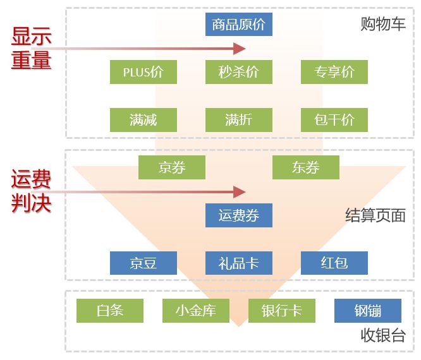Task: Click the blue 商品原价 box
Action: tap(238, 25)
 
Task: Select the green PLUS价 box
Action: tap(143, 72)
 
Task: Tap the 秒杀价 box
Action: tap(238, 72)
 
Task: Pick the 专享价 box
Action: tap(334, 72)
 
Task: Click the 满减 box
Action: tap(143, 119)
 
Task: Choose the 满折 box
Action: tap(238, 119)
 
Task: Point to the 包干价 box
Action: tap(334, 119)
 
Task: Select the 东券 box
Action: tap(305, 167)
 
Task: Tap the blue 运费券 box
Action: tap(238, 215)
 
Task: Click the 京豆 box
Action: tap(143, 263)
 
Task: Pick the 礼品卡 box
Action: tap(238, 263)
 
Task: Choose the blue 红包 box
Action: tap(334, 263)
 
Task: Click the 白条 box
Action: tap(109, 310)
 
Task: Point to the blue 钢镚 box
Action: tap(367, 310)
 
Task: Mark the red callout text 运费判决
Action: tap(31, 192)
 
